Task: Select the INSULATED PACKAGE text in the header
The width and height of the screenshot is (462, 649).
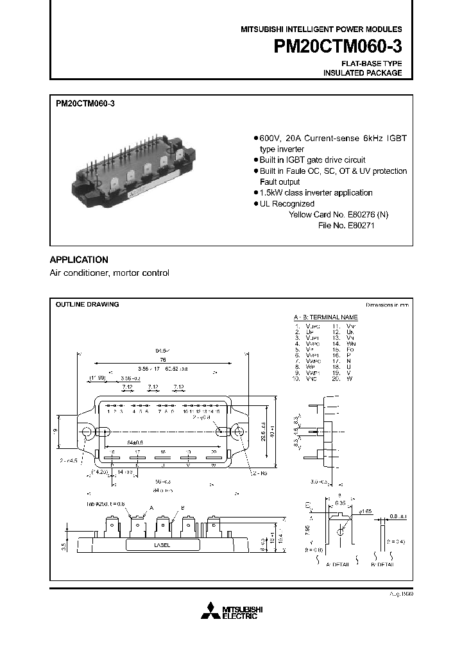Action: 363,73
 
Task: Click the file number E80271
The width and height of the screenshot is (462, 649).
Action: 346,226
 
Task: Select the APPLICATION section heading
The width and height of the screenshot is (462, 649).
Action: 79,260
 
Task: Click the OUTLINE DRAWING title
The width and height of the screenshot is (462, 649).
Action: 87,305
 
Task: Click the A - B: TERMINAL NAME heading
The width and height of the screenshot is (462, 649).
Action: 325,317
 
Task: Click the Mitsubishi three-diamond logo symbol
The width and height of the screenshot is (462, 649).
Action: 210,612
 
